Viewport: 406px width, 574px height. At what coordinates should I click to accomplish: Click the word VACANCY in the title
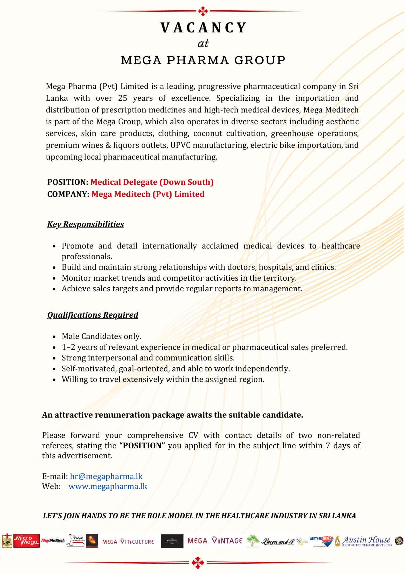[203, 28]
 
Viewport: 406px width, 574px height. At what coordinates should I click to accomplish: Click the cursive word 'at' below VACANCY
[203, 44]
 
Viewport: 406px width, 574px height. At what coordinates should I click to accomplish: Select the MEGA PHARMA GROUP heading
[203, 60]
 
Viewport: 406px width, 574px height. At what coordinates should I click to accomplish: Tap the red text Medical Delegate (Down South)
[152, 182]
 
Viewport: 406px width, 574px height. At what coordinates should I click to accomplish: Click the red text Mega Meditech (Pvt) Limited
[148, 194]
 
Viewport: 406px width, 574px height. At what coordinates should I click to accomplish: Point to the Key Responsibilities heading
[86, 224]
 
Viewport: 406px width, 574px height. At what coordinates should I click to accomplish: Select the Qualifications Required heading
[93, 315]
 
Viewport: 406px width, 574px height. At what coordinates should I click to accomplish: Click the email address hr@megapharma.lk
[106, 476]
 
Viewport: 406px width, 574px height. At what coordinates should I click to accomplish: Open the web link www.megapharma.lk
[108, 486]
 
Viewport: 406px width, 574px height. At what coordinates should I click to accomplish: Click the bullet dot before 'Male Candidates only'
[54, 337]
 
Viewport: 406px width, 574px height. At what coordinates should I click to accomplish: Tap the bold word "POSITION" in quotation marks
[142, 446]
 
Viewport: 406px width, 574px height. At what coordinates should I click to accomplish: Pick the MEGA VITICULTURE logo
[128, 542]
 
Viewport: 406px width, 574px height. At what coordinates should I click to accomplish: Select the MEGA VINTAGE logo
[215, 541]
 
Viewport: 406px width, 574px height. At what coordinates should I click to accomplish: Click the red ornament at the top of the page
[203, 11]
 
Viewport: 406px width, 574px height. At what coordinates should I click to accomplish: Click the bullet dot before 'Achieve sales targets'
[54, 289]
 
